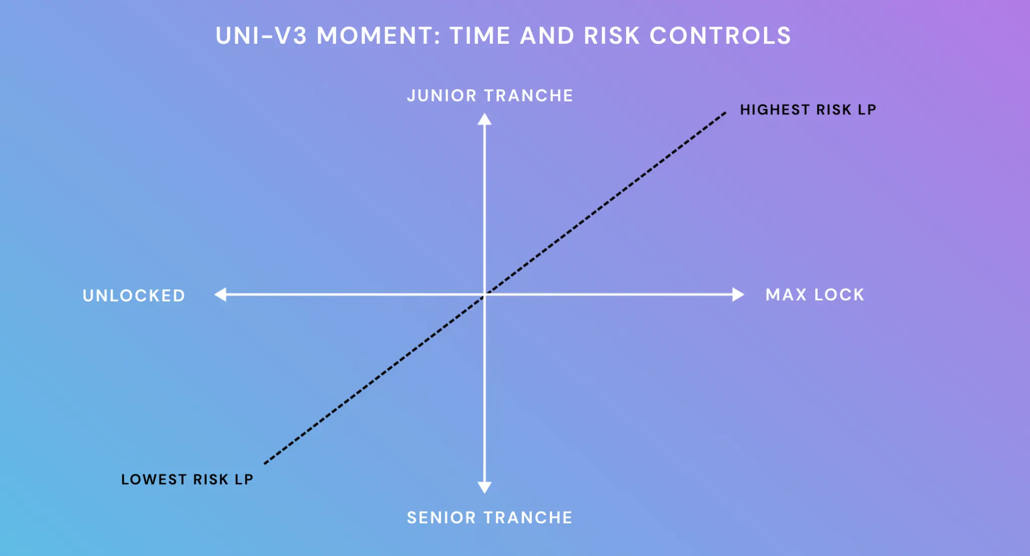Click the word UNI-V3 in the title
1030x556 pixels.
(x=261, y=36)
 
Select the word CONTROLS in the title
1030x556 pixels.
(x=720, y=36)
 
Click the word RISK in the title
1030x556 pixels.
(x=612, y=36)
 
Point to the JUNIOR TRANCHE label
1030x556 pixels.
(x=490, y=96)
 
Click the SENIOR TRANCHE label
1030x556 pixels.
(x=490, y=518)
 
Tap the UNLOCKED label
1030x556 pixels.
(x=134, y=295)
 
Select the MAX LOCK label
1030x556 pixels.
(x=815, y=294)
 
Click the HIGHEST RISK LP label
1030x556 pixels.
(x=808, y=110)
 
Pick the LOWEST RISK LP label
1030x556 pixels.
(x=187, y=480)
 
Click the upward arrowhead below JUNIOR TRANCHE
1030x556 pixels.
(x=484, y=119)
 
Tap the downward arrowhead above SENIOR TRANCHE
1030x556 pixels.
(x=484, y=487)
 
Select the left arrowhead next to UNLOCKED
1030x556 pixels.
(x=220, y=294)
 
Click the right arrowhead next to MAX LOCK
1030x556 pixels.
(x=738, y=294)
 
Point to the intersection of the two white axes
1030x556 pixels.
(x=484, y=294)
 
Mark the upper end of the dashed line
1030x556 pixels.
(x=725, y=113)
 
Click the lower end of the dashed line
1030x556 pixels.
(x=265, y=463)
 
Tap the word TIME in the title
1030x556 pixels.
(x=480, y=36)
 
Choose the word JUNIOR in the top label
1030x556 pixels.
(x=442, y=96)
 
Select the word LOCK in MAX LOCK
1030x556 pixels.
(x=839, y=294)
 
